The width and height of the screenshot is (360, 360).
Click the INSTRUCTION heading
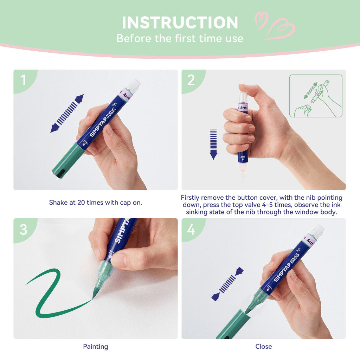coord(180,23)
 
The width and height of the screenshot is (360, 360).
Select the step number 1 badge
coord(23,80)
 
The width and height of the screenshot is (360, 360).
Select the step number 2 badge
coord(191,80)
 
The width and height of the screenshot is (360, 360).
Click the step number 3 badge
coord(23,229)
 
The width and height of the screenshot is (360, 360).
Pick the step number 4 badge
coord(191,229)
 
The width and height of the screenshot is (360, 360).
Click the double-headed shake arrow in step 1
coord(67,113)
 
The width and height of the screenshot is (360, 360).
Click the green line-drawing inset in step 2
coord(316,96)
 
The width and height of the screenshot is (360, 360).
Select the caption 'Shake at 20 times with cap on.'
coord(96,202)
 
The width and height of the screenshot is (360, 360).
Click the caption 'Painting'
coord(96,347)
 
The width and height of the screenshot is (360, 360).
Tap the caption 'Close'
coord(264,347)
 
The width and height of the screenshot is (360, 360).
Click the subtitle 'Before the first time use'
coord(180,38)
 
